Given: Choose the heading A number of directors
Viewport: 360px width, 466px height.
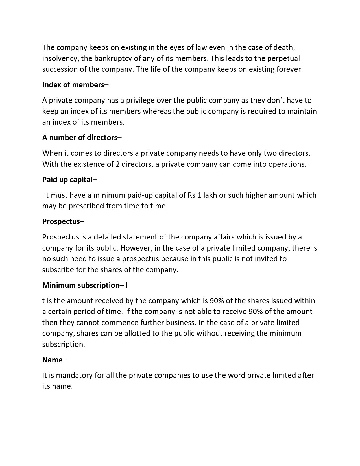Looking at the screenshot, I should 82,138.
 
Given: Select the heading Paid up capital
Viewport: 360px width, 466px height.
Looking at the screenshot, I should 69,180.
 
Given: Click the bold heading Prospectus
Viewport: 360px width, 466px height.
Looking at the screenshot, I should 63,221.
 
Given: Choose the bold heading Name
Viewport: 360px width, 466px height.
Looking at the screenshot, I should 53,360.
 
